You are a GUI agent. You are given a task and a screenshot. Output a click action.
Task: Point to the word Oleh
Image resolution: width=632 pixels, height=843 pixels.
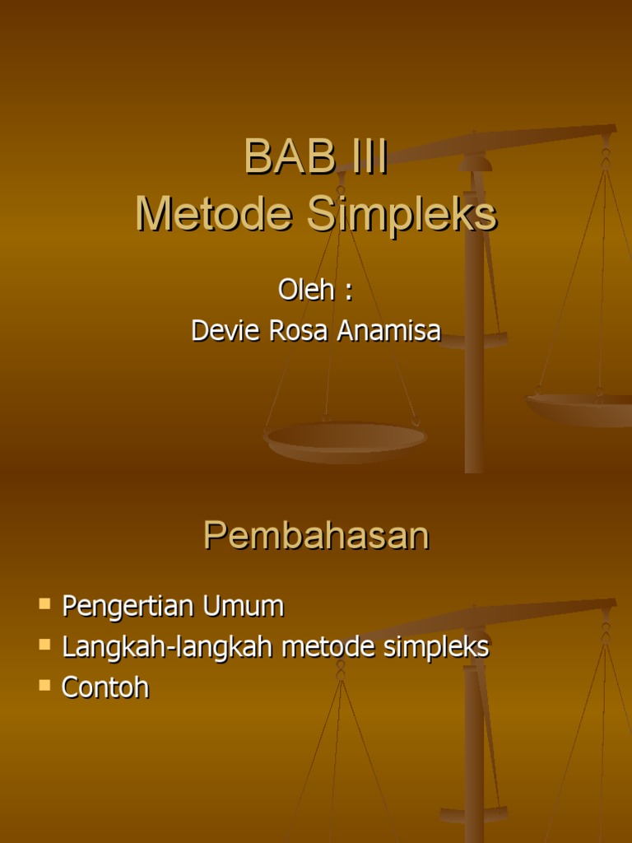click(306, 290)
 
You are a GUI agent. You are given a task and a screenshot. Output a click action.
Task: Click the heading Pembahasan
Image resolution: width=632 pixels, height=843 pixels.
click(316, 536)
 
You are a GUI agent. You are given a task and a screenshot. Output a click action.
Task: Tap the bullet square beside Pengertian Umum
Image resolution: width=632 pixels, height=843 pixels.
click(44, 605)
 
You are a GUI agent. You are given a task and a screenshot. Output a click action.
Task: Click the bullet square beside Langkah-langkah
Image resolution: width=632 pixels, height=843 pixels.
click(44, 645)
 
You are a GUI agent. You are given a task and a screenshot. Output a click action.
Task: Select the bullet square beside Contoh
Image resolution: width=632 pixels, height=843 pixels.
click(44, 684)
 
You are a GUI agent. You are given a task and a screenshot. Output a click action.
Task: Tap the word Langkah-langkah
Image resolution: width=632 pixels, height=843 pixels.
click(168, 647)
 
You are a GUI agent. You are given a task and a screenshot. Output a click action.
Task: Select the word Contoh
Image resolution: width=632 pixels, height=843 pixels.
click(105, 687)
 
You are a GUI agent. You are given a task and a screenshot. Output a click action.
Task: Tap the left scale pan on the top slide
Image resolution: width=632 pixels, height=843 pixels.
click(346, 440)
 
